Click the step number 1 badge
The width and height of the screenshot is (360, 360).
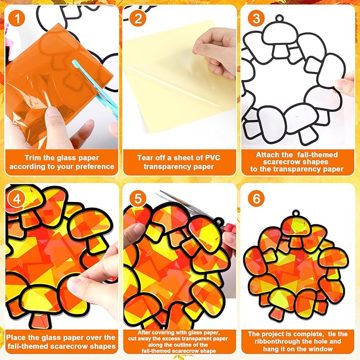point(16,19)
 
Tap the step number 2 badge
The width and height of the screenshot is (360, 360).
point(138,18)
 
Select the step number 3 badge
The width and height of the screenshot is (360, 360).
point(256,18)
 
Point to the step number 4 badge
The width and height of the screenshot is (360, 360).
point(16,199)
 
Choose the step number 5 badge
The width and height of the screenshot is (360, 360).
point(138,198)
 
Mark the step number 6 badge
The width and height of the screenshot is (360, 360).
point(256,198)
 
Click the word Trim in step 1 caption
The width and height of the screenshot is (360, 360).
point(33,157)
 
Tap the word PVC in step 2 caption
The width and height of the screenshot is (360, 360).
point(213,157)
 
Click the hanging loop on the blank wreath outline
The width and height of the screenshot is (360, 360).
point(279,19)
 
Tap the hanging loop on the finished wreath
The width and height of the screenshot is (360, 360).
point(296,214)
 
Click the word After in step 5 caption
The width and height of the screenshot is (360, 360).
point(144,332)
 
